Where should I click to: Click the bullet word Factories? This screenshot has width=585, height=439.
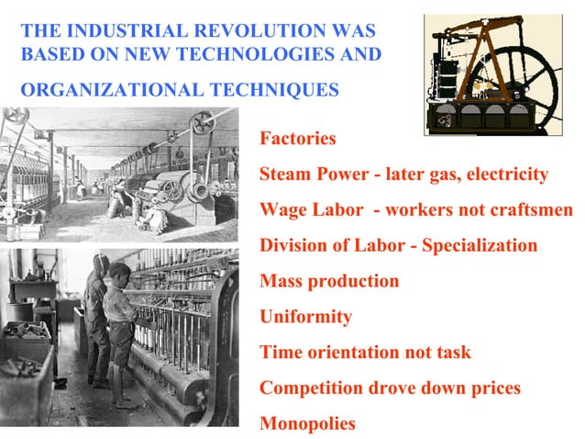coord(297,140)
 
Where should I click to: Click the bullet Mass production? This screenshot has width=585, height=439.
coord(329,281)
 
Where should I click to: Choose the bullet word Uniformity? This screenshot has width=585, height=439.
coord(305,317)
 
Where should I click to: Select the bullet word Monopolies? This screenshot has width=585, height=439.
coord(307,424)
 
